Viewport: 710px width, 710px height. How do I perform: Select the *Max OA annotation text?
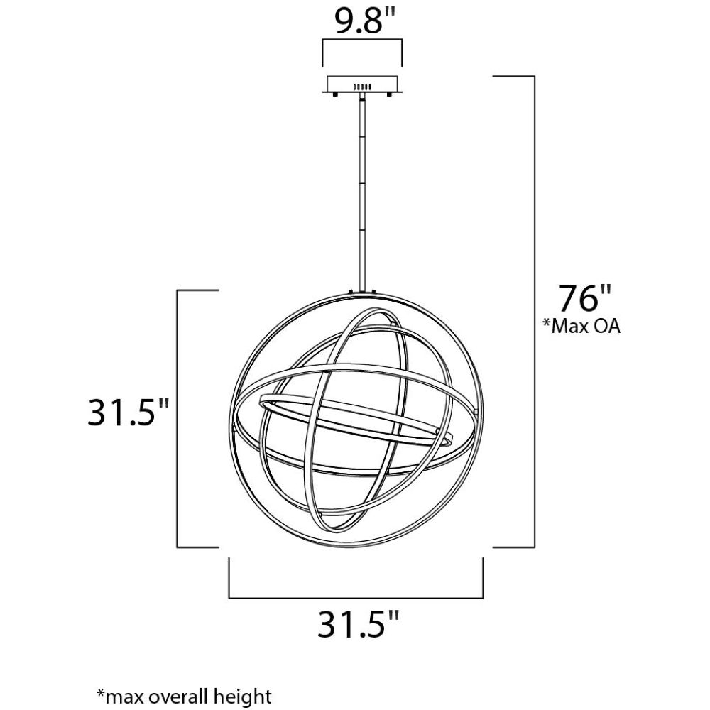point(581,326)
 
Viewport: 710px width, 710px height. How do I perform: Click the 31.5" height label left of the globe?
point(128,412)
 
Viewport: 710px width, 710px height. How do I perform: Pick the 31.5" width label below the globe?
point(358,624)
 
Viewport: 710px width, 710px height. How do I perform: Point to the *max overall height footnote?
point(185,696)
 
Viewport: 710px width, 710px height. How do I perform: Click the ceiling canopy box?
point(362,84)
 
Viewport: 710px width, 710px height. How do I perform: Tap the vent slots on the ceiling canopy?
point(362,87)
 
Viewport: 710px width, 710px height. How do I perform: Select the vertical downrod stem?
point(362,192)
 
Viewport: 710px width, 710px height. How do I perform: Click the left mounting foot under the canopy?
point(335,95)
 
